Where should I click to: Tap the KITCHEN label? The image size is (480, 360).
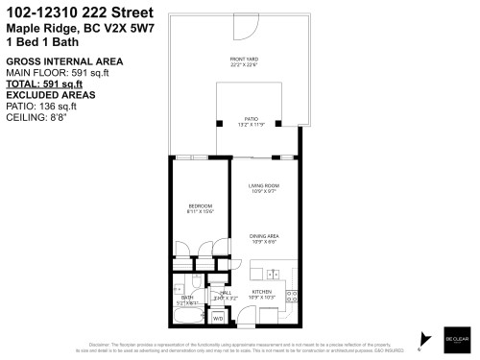[263, 292]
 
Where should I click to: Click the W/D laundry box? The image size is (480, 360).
[218, 316]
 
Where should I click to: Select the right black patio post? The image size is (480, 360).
[277, 124]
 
